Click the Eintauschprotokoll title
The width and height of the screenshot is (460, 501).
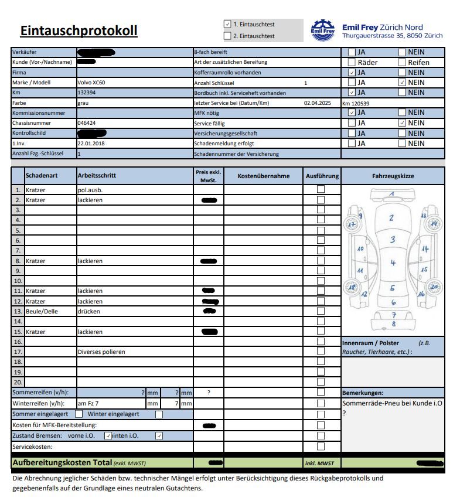[x=79, y=30]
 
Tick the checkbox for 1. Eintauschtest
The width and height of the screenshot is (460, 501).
[x=227, y=25]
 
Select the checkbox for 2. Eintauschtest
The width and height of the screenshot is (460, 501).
[x=227, y=36]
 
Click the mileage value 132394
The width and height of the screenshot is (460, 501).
[x=86, y=93]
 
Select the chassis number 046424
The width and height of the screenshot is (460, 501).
[x=86, y=123]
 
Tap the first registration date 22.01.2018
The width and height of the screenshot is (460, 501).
[x=90, y=144]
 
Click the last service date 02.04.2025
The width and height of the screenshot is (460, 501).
[x=318, y=103]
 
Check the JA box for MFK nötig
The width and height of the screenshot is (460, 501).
[x=352, y=113]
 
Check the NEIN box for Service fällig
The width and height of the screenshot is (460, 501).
[x=402, y=123]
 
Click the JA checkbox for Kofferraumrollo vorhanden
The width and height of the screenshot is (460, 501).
[x=352, y=73]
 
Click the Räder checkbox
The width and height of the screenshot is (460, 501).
[x=352, y=62]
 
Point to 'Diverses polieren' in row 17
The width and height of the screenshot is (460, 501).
[x=101, y=352]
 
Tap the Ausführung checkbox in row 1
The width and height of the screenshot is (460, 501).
[x=321, y=189]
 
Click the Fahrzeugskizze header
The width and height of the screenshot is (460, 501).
[x=393, y=175]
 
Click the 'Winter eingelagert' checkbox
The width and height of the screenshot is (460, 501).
[x=159, y=414]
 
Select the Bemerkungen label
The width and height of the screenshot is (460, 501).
[x=362, y=393]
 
